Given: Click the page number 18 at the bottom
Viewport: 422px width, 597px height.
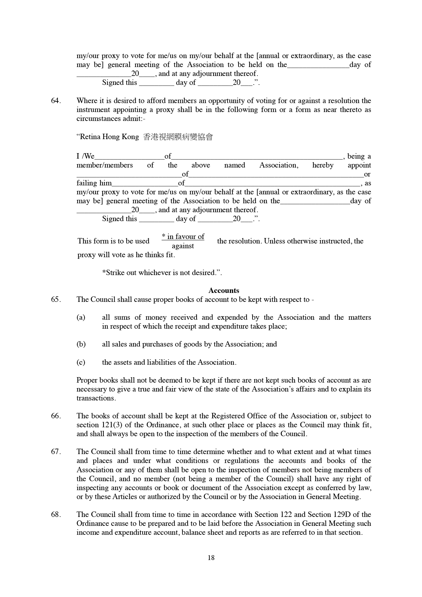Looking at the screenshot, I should [211, 557].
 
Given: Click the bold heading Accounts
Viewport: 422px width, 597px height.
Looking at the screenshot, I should [223, 290].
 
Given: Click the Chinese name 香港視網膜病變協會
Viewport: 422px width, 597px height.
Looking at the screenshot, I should [178, 137].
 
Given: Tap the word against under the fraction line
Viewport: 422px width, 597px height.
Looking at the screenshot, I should [183, 246].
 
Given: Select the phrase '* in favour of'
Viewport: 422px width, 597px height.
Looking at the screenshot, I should [183, 236].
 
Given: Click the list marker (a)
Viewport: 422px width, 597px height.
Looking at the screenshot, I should [81, 317].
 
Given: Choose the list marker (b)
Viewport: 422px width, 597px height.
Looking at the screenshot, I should [81, 344].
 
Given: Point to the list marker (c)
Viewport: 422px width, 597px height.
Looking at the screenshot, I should [81, 362].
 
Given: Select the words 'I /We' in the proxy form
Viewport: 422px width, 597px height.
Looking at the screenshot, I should [85, 156].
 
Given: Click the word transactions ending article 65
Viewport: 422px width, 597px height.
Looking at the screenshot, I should [95, 398].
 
